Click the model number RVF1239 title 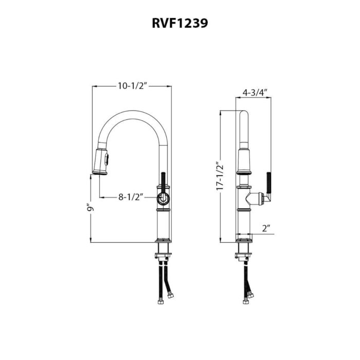click(179, 23)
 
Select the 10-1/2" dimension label click(132, 86)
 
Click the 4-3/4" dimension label click(254, 93)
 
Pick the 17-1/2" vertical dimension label click(220, 178)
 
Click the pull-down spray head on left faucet click(101, 160)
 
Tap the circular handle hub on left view click(163, 199)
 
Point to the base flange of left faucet click(163, 240)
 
